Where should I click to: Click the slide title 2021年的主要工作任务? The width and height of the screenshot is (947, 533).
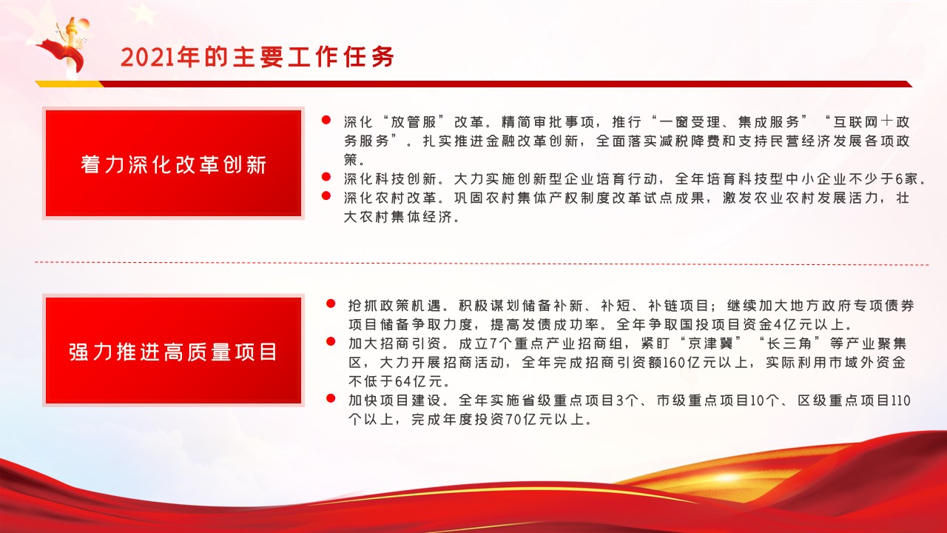tap(257, 57)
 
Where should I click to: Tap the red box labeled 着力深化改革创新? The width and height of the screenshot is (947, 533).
tap(173, 164)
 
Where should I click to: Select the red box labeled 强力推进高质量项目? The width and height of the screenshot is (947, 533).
tap(173, 350)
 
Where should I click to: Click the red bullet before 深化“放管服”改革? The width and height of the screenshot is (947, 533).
tap(326, 120)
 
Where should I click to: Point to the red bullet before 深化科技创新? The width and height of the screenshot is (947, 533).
tap(326, 177)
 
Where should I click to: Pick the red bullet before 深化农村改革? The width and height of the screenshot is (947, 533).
tap(326, 196)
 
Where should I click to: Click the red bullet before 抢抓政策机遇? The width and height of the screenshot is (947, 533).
tap(331, 304)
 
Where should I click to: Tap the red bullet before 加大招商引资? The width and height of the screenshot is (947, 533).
tap(331, 341)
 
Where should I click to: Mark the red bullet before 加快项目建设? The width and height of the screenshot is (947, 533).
tap(331, 398)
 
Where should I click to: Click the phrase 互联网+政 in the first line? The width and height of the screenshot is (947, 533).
tap(872, 122)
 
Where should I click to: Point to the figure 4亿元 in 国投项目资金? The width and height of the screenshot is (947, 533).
tap(794, 324)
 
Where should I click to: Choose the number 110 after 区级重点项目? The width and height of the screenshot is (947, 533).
tap(900, 400)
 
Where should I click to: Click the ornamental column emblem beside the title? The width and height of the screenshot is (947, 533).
tap(66, 47)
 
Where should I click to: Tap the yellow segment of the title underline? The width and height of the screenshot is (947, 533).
tap(70, 84)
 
